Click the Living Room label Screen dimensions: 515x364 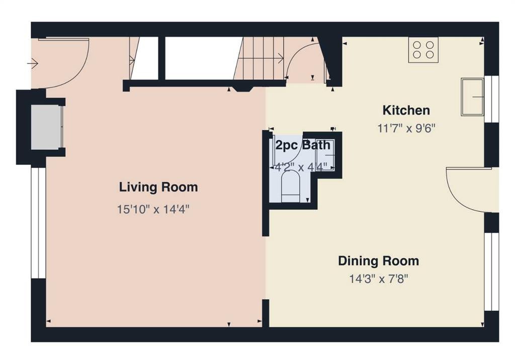click(158, 187)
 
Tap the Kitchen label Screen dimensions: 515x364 click(406, 110)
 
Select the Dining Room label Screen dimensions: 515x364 click(378, 261)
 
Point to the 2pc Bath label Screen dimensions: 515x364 click(302, 145)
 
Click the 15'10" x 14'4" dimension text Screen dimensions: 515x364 click(153, 209)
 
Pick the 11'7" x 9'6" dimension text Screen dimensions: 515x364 click(406, 128)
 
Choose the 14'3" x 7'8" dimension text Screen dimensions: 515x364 click(378, 279)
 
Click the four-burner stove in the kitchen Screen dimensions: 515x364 click(423, 50)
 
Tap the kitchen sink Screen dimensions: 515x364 click(472, 97)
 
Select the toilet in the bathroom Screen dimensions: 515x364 click(291, 188)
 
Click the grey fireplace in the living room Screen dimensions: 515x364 click(46, 127)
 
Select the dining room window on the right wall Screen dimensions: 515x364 click(492, 271)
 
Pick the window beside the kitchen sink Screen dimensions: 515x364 click(492, 99)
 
